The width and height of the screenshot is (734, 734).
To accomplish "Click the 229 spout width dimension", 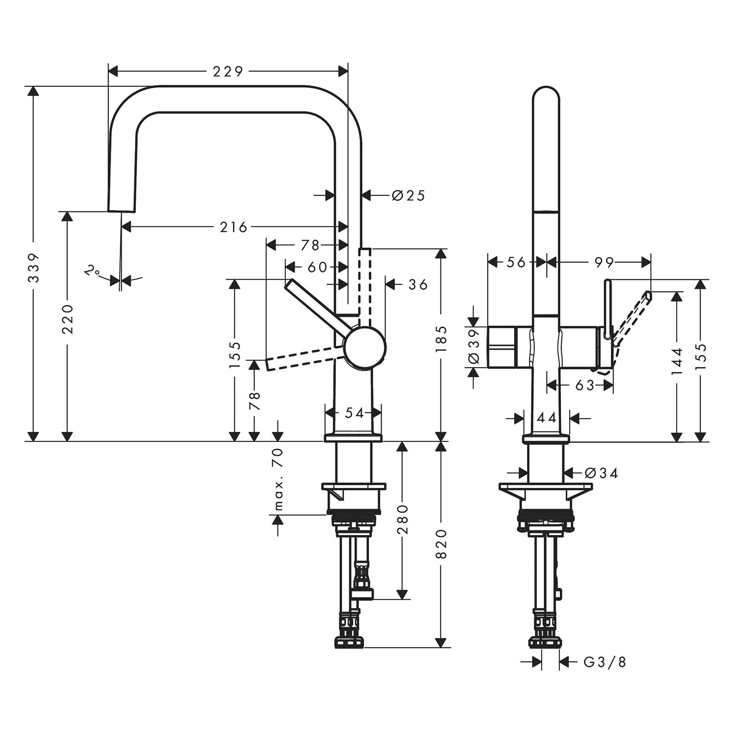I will point(228,71).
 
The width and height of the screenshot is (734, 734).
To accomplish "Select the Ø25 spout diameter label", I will point(408,196).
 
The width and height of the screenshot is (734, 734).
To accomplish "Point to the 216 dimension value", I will point(233,227).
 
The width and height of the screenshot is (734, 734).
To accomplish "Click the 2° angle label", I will point(92,271).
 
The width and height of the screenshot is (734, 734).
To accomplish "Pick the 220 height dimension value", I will point(68,319).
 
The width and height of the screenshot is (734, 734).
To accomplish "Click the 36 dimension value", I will point(418,284).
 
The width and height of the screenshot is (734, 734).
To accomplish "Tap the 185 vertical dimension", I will point(441,339).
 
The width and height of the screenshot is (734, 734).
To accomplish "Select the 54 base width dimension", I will point(354,413).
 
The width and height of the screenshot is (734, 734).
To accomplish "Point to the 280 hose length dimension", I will point(402,520).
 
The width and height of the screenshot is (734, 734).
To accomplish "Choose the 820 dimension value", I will point(441,544).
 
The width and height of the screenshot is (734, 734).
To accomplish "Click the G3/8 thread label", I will point(605,663).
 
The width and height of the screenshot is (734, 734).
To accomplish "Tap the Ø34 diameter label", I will point(602,473).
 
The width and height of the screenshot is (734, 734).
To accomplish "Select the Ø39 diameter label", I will point(474,346).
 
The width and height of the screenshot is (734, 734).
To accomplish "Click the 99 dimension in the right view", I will point(604,262).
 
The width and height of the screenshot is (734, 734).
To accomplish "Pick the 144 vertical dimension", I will point(677,361).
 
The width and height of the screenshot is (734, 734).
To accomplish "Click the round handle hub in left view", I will point(365,346).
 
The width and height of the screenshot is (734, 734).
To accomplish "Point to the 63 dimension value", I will point(584,386).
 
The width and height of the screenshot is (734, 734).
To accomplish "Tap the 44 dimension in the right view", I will point(547,418).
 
